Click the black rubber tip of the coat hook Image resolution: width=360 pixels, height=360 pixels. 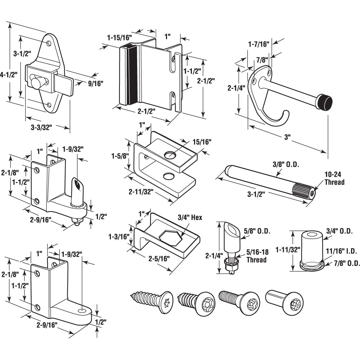324,102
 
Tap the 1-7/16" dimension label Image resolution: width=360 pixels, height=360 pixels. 258,44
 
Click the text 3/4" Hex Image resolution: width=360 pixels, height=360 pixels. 190,217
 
